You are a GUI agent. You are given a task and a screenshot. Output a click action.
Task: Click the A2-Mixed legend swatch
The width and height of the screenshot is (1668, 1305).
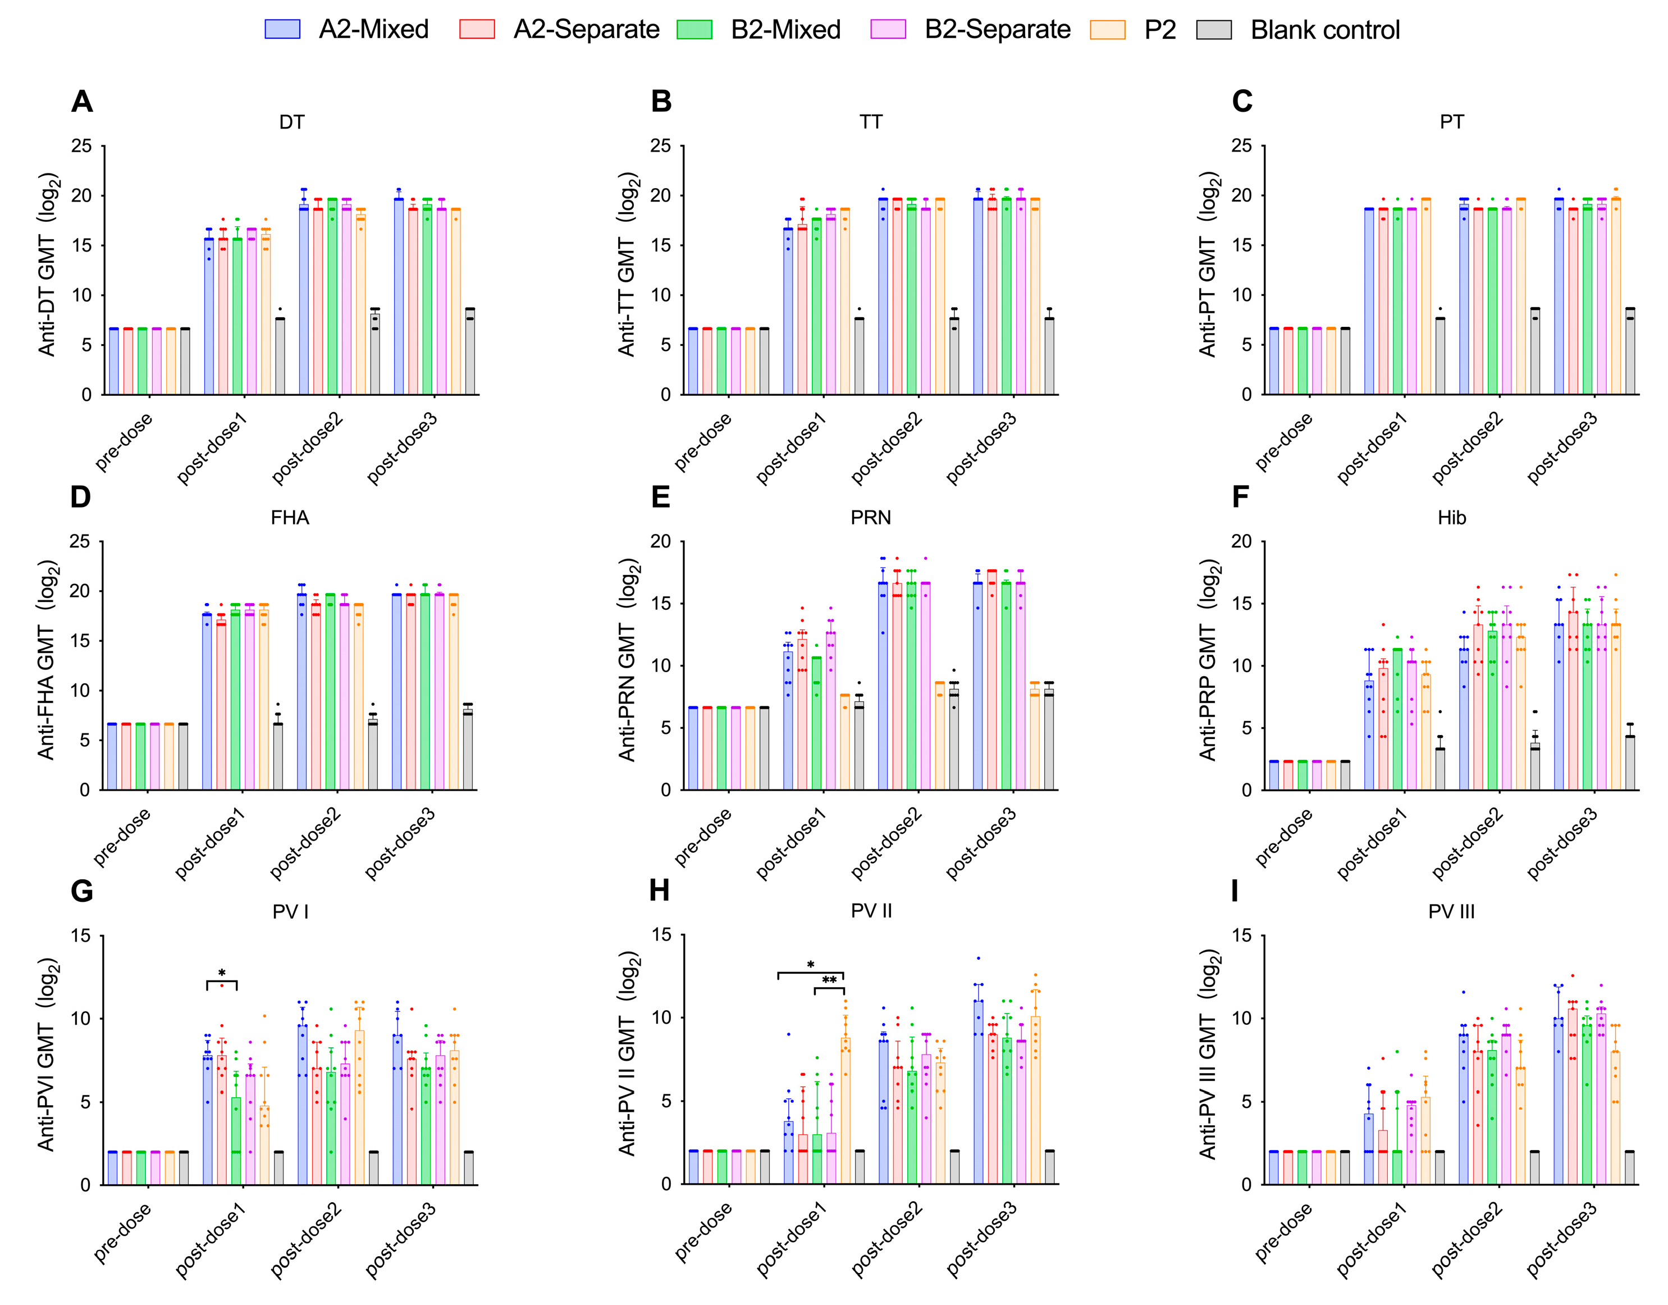click(x=282, y=30)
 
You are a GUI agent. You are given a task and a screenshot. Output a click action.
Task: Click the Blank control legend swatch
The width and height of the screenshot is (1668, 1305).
click(x=1214, y=30)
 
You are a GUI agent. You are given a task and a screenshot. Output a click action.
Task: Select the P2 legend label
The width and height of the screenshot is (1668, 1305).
click(x=1159, y=30)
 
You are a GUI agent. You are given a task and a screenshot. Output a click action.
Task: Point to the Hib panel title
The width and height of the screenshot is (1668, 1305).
click(x=1451, y=518)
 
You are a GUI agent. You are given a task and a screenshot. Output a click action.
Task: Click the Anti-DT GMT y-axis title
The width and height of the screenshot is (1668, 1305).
click(x=47, y=265)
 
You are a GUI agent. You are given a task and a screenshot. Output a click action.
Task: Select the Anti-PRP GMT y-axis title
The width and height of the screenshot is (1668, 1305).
click(x=1208, y=660)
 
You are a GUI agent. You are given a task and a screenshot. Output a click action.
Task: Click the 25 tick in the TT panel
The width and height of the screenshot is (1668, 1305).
click(x=661, y=146)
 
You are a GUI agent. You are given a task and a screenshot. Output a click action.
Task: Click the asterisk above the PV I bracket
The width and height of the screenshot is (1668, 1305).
click(x=222, y=973)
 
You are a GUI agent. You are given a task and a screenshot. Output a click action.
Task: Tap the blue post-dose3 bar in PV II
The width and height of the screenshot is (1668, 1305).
click(x=979, y=1093)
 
